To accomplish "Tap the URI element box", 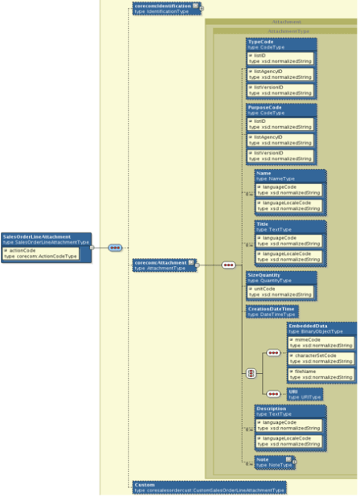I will [305, 393].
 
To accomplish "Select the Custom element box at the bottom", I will [208, 487].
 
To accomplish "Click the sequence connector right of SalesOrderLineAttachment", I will [114, 248].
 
